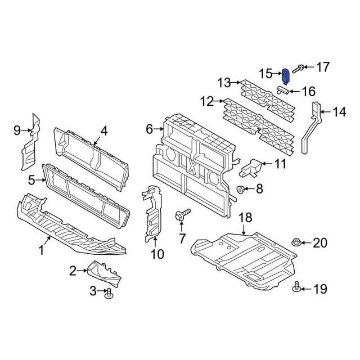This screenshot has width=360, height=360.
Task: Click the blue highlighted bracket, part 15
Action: pyautogui.click(x=285, y=76)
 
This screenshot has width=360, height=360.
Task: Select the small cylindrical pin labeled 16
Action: pyautogui.click(x=282, y=90)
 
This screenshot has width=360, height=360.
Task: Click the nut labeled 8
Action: pyautogui.click(x=240, y=190)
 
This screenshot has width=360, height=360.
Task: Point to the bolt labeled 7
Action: pyautogui.click(x=182, y=214)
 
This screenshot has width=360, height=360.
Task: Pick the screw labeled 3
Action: pyautogui.click(x=107, y=294)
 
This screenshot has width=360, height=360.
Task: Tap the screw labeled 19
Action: pyautogui.click(x=296, y=287)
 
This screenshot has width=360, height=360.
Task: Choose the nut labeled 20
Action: pyautogui.click(x=296, y=242)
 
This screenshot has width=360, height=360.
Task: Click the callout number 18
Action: pyautogui.click(x=245, y=218)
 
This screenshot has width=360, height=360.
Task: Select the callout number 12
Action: pyautogui.click(x=207, y=101)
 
